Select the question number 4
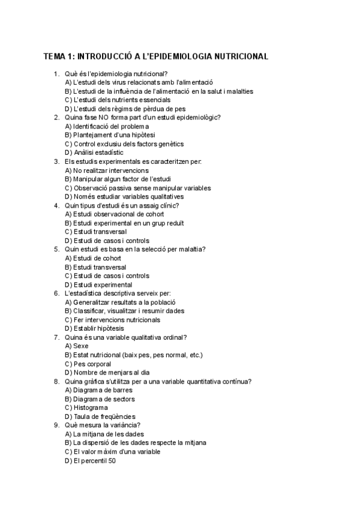tap(56, 205)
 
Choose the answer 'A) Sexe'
tap(76, 346)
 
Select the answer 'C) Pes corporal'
tap(88, 364)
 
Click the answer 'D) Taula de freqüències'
tap(100, 417)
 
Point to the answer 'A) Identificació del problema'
tap(106, 126)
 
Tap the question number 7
tap(56, 337)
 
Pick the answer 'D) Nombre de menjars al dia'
tap(107, 373)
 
